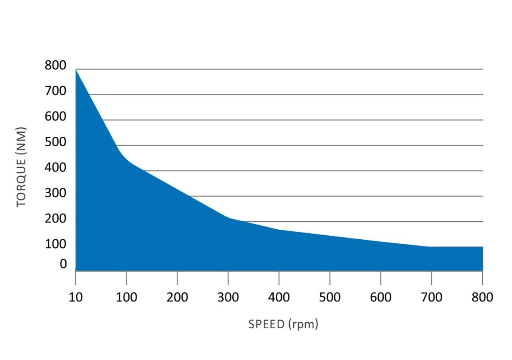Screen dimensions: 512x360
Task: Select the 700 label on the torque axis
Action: point(55,91)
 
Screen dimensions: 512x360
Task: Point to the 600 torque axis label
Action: point(55,116)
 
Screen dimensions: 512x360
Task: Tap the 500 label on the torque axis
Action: point(55,142)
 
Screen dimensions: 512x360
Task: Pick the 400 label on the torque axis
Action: point(55,168)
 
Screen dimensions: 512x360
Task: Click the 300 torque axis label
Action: point(55,193)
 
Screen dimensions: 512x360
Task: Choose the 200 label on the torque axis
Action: point(55,218)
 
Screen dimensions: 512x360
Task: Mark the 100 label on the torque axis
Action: point(55,244)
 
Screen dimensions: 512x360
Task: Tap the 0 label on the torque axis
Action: point(63,264)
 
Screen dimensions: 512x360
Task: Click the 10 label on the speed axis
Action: point(76,297)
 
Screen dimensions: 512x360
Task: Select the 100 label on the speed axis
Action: point(126,297)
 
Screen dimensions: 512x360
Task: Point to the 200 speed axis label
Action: point(177,297)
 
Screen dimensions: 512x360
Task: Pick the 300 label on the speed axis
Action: point(228,297)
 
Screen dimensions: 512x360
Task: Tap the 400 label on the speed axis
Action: point(279,297)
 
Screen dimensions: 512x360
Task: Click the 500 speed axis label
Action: point(330,297)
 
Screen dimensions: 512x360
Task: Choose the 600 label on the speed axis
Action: point(380,297)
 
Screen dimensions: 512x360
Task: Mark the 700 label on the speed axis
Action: point(431,297)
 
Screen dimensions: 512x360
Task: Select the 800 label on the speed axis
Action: point(482,297)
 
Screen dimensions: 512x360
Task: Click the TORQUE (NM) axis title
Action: point(21,167)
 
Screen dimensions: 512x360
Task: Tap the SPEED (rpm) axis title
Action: point(283,324)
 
